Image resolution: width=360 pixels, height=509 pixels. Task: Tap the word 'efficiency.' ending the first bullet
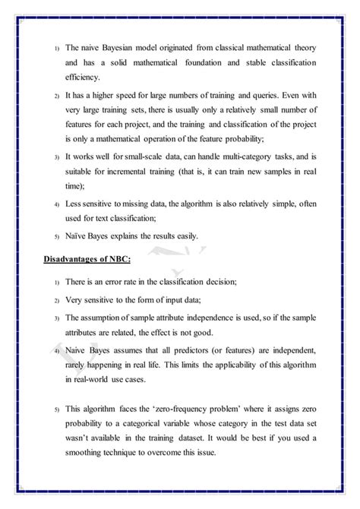coord(84,77)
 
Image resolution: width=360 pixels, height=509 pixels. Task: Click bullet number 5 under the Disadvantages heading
coord(56,411)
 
